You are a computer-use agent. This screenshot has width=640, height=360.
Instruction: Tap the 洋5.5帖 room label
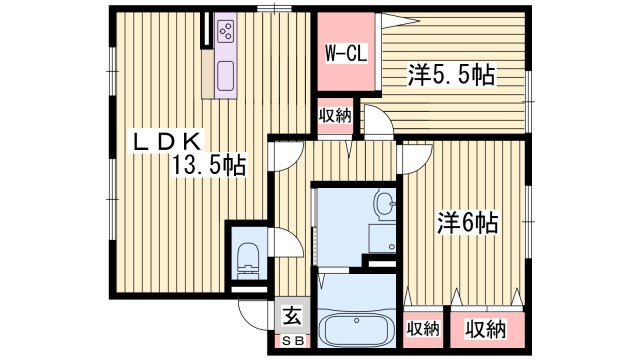(x=452, y=75)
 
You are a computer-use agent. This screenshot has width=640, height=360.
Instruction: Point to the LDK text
(x=170, y=142)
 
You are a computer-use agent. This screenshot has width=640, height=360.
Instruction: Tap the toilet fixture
(x=248, y=258)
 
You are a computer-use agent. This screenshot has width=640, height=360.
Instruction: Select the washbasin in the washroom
(x=383, y=204)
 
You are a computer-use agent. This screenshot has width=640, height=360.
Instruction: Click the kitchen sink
(x=223, y=74)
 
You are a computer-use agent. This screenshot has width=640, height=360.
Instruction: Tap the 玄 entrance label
(x=292, y=317)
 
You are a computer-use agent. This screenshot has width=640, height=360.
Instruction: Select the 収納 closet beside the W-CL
(x=336, y=115)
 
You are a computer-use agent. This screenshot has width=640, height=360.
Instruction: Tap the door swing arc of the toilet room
(x=283, y=243)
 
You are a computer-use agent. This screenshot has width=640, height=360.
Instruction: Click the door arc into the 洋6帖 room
(x=412, y=156)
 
